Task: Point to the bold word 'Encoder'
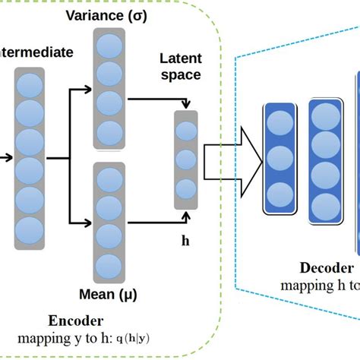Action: click(75, 320)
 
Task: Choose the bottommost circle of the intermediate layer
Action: click(29, 228)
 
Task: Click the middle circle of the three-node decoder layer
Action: click(278, 159)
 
